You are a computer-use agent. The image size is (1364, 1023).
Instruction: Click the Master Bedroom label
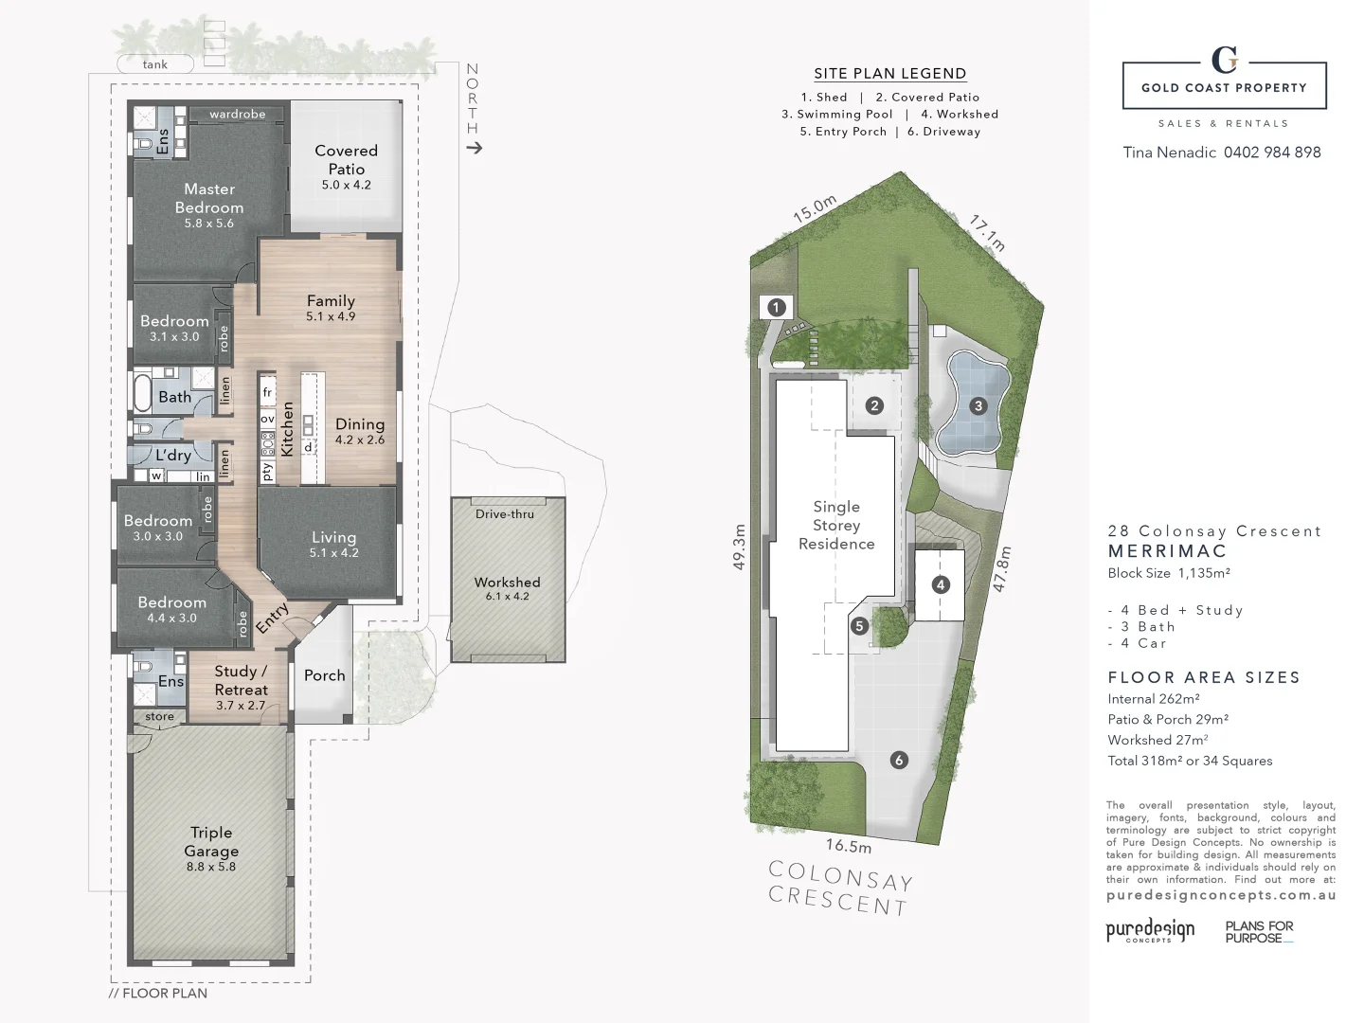tap(209, 199)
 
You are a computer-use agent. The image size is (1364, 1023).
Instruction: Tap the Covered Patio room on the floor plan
tap(346, 166)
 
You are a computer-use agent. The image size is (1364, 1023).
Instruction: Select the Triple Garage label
tap(211, 842)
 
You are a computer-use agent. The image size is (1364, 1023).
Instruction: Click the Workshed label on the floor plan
tap(507, 583)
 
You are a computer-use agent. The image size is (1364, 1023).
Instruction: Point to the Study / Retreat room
tap(241, 681)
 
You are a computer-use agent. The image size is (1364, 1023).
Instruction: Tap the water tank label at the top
tap(155, 64)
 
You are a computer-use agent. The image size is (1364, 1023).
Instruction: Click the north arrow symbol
tap(474, 148)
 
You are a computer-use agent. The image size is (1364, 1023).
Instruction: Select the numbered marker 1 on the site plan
tap(777, 307)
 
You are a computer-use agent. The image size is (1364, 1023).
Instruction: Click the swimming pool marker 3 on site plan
tap(978, 406)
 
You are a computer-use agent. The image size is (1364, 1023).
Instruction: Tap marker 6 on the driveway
tap(899, 760)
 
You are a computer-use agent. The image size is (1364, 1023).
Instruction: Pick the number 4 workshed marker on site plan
tap(940, 584)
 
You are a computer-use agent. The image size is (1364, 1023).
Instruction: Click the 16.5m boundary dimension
tap(848, 846)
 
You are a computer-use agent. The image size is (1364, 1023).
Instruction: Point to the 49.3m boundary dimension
tap(740, 547)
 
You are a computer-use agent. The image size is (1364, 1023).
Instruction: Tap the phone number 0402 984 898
tap(1272, 153)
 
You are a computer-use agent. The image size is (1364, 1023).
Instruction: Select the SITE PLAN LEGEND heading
tap(890, 74)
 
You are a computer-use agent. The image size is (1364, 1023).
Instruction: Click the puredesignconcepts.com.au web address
tap(1221, 894)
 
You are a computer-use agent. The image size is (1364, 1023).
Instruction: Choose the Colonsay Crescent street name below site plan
tap(840, 888)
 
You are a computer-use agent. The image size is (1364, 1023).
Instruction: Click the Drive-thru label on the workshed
tap(504, 514)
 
